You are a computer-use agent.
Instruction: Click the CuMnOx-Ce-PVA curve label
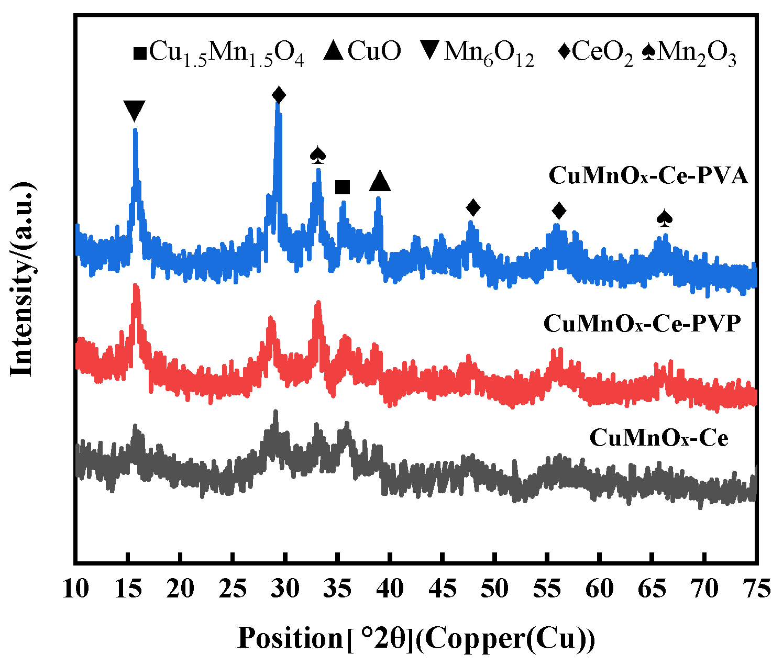648,176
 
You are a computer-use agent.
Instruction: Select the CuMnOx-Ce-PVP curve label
642,324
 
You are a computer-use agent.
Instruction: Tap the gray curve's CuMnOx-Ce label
659,438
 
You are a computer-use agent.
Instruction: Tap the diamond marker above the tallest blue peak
279,95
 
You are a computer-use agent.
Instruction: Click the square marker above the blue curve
343,187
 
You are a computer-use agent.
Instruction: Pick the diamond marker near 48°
473,207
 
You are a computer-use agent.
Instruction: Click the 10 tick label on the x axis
75,589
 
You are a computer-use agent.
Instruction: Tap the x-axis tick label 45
443,589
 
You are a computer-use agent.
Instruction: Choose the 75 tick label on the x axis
757,589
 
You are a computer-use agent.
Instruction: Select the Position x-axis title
416,638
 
